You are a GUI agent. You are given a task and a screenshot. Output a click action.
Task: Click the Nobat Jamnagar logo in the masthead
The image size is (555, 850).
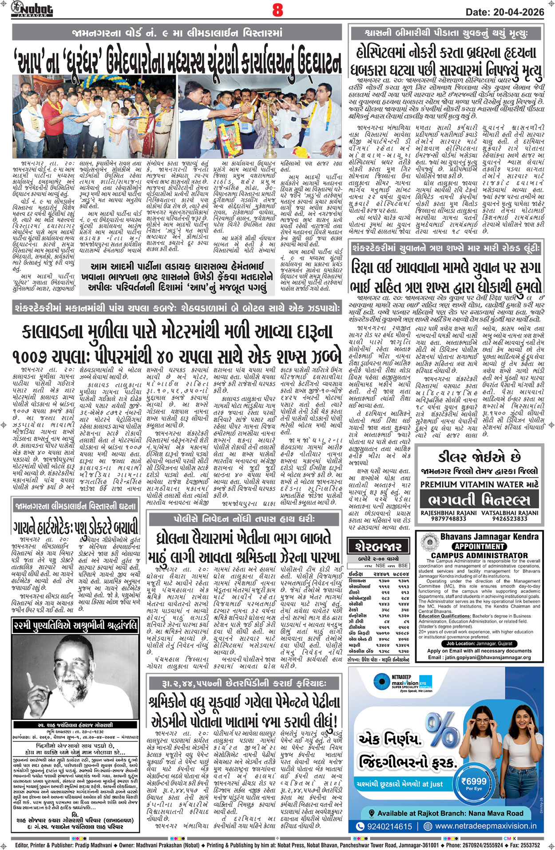click(x=32, y=9)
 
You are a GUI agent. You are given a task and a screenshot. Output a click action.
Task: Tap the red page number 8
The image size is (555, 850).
click(x=277, y=10)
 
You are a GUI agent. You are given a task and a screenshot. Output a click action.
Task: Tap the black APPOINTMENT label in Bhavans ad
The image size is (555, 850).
click(x=480, y=546)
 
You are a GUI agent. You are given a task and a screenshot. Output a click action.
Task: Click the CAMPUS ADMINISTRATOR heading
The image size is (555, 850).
click(x=480, y=556)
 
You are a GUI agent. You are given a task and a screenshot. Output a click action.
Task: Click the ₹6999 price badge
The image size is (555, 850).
click(x=474, y=781)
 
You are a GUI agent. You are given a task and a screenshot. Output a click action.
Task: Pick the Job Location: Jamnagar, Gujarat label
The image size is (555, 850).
click(x=479, y=643)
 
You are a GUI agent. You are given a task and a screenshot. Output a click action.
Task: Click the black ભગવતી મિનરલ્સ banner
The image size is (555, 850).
click(x=479, y=500)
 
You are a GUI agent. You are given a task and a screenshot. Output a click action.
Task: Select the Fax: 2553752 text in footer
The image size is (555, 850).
click(x=524, y=845)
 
